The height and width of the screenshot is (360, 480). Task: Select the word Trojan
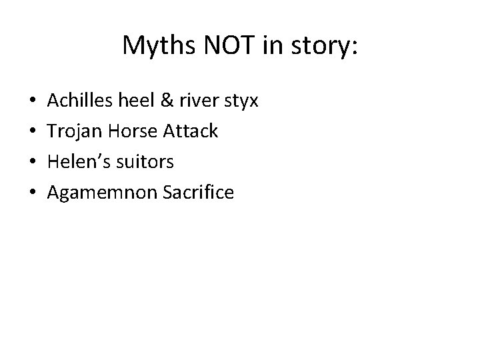(77, 131)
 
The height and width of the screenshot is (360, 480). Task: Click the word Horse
(136, 131)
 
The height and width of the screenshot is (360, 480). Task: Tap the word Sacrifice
(197, 193)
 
